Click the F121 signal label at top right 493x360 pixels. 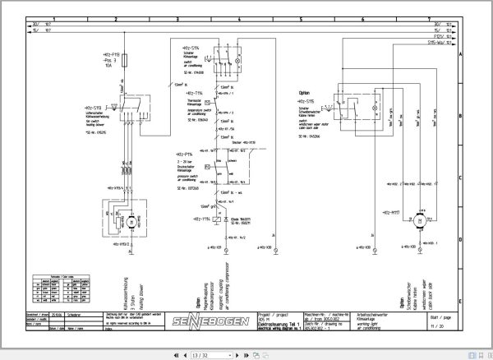[445, 35]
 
